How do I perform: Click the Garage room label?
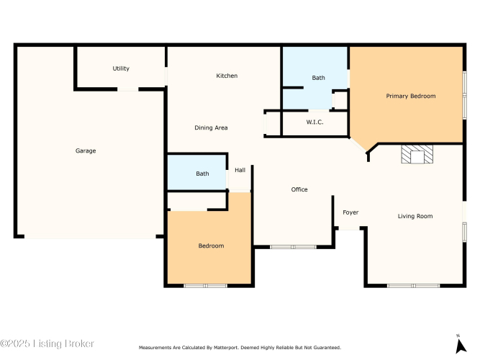(x=86, y=150)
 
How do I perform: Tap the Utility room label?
(x=121, y=68)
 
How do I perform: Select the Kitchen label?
(x=227, y=76)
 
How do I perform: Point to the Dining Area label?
(x=212, y=127)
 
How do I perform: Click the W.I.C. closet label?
(x=314, y=122)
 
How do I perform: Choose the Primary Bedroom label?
(x=411, y=96)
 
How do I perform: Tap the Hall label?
(x=240, y=170)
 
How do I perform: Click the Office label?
(x=299, y=189)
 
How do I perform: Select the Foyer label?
(x=350, y=212)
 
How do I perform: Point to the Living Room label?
(x=415, y=216)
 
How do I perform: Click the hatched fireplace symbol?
(x=417, y=154)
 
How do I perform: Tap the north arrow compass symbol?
(x=460, y=345)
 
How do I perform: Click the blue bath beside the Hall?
(x=197, y=172)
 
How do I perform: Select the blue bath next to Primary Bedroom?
(x=314, y=78)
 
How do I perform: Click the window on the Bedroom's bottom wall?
(x=205, y=286)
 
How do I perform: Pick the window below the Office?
(x=293, y=247)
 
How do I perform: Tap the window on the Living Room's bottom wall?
(x=413, y=286)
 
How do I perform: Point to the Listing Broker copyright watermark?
(x=47, y=343)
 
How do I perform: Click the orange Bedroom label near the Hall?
(x=212, y=246)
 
